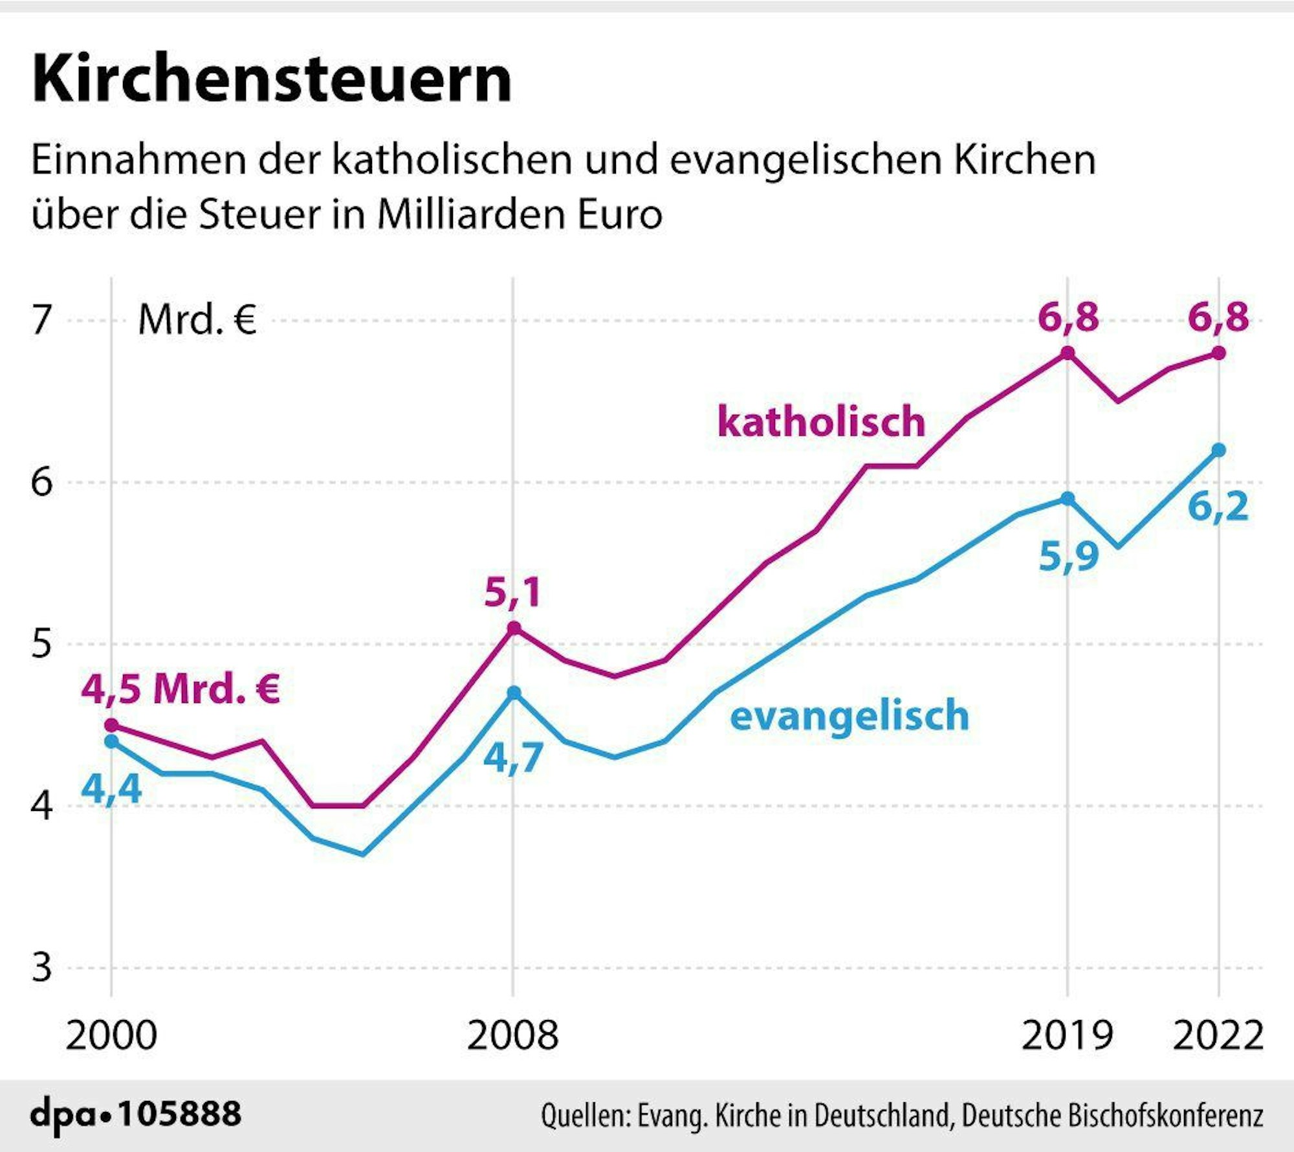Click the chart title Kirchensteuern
coord(272,79)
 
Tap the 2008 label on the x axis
coord(512,1035)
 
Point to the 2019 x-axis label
coord(1067,1035)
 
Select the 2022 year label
coord(1218,1035)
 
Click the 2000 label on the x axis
coord(111,1035)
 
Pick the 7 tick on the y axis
coord(41,320)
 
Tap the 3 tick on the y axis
coord(41,968)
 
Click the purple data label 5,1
coord(512,592)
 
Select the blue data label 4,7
coord(513,757)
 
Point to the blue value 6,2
coord(1218,505)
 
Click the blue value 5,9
coord(1068,556)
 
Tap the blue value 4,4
coord(111,788)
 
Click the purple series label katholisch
coord(821,421)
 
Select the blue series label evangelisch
coord(850,715)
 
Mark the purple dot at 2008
coord(513,628)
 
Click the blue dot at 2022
coord(1218,450)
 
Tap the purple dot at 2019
coord(1068,353)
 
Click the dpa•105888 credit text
coord(136,1114)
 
